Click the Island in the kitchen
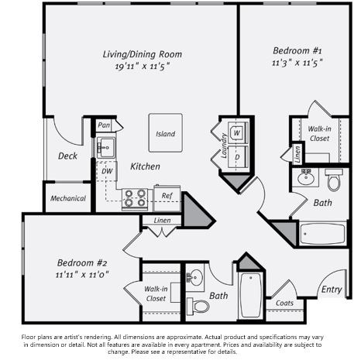(x=165, y=133)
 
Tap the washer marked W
(x=236, y=132)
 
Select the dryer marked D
(x=236, y=158)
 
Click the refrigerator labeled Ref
(x=167, y=197)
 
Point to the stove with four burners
(x=135, y=197)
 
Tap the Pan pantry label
(x=105, y=125)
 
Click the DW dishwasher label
(x=106, y=171)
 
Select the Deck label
(x=67, y=156)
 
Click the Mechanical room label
(x=68, y=198)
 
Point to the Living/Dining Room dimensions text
(x=143, y=67)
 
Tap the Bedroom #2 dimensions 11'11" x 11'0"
(x=82, y=274)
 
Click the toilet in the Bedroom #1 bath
(x=334, y=180)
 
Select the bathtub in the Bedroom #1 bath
(x=324, y=233)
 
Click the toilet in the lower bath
(x=200, y=305)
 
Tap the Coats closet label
(x=285, y=303)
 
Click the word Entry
(x=332, y=290)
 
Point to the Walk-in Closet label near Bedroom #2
(x=156, y=293)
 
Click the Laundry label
(x=223, y=145)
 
